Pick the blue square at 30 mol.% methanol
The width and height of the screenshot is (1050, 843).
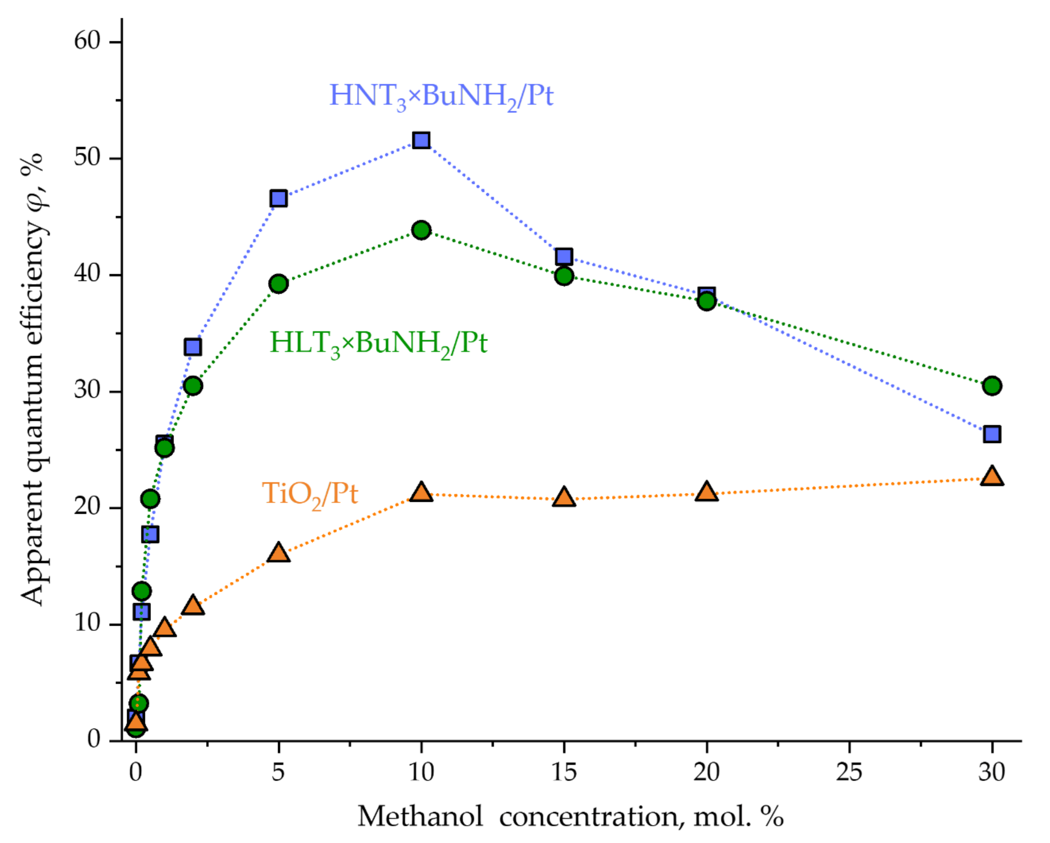click(992, 434)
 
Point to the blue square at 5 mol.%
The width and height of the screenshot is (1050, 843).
click(279, 198)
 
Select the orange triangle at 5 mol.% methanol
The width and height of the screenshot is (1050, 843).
click(279, 553)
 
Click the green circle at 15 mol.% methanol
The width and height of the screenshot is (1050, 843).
click(564, 276)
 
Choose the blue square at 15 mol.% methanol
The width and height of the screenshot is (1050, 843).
click(564, 256)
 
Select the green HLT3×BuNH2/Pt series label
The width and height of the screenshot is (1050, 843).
click(378, 343)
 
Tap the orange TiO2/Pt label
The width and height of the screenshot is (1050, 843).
click(310, 494)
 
